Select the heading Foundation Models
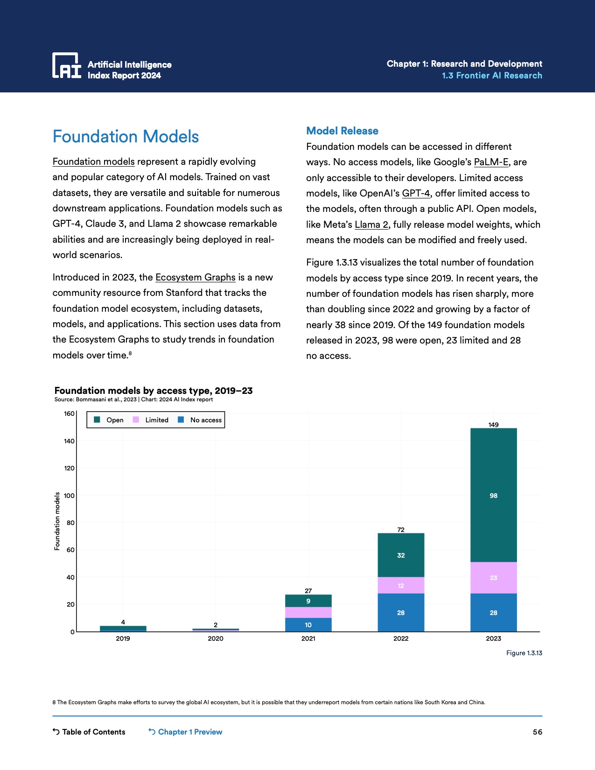tap(126, 137)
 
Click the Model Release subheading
tap(342, 131)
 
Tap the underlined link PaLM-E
tap(491, 162)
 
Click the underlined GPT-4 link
tap(416, 194)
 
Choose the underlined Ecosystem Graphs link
tap(195, 278)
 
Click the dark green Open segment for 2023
tap(493, 495)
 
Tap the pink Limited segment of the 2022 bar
tap(401, 586)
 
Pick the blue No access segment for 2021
tap(308, 625)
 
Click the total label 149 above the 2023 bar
tap(493, 425)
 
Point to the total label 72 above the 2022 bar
tap(401, 530)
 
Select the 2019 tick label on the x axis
tap(123, 638)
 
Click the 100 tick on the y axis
tap(69, 496)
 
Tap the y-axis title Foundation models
tap(57, 521)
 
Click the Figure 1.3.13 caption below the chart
tap(524, 653)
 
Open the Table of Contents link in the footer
tap(89, 732)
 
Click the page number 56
tap(538, 732)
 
